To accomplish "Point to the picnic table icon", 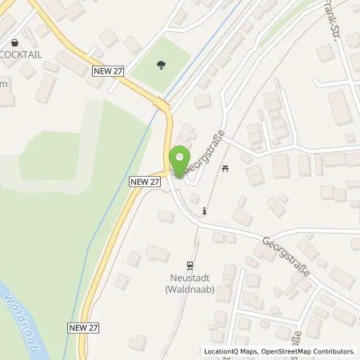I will (226, 168).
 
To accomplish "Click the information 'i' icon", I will (206, 211).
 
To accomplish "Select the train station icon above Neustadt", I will (190, 265).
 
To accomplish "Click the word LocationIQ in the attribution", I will (221, 351).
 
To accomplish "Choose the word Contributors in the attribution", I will (336, 351).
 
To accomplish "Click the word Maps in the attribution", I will (247, 351).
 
